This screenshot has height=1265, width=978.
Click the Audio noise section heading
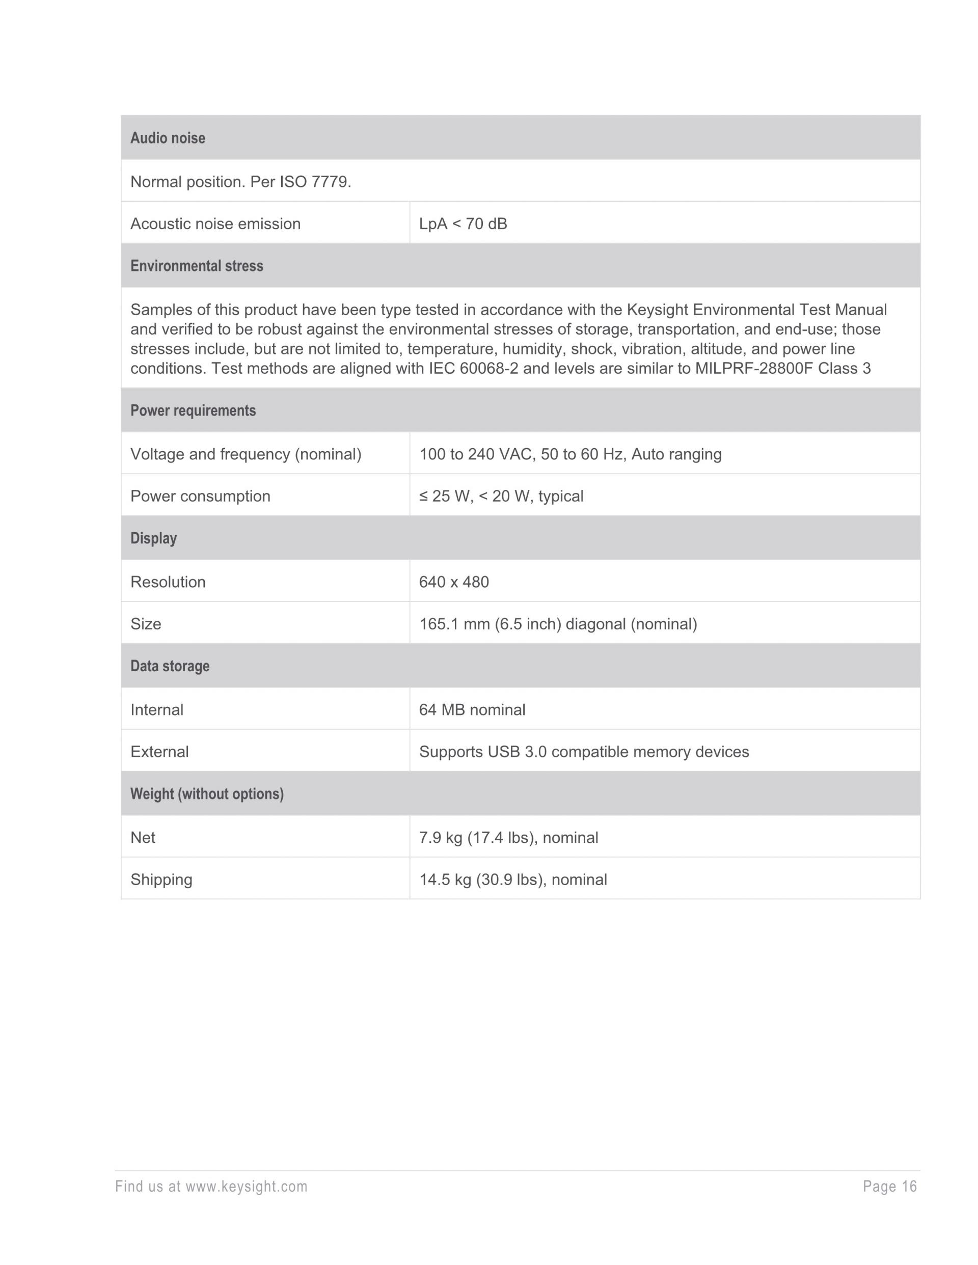coord(168,138)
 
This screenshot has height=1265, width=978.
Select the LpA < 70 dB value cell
coord(463,224)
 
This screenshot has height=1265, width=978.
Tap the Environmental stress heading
coord(197,266)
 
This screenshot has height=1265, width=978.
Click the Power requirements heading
coord(193,410)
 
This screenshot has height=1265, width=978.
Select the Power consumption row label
coord(201,496)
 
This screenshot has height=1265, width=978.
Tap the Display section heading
coord(153,538)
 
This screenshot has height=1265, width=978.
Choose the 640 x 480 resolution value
coord(454,582)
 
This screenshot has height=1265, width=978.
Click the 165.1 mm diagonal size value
coord(558,624)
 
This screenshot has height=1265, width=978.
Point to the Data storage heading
coord(170,666)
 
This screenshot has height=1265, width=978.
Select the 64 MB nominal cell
coord(472,709)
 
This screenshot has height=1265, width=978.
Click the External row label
coord(159,752)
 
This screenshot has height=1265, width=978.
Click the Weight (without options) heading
coord(207,794)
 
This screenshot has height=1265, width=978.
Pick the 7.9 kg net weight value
coord(509,838)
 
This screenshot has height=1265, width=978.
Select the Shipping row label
coord(161,879)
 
